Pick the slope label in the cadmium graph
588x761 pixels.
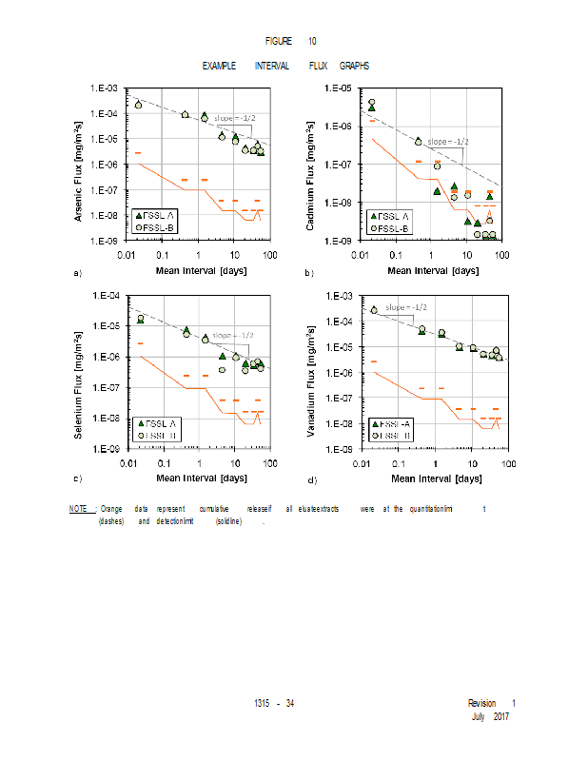pyautogui.click(x=447, y=142)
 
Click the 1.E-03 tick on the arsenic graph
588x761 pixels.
pyautogui.click(x=104, y=88)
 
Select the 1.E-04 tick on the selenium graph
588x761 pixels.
pyautogui.click(x=104, y=296)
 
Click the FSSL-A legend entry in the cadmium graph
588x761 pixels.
pyautogui.click(x=392, y=217)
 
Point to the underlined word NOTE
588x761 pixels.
pyautogui.click(x=79, y=509)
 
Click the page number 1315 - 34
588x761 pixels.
pyautogui.click(x=274, y=702)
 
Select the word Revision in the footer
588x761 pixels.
pyautogui.click(x=481, y=703)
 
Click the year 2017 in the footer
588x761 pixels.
pyautogui.click(x=502, y=714)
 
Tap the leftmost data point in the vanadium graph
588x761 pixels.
pyautogui.click(x=374, y=310)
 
